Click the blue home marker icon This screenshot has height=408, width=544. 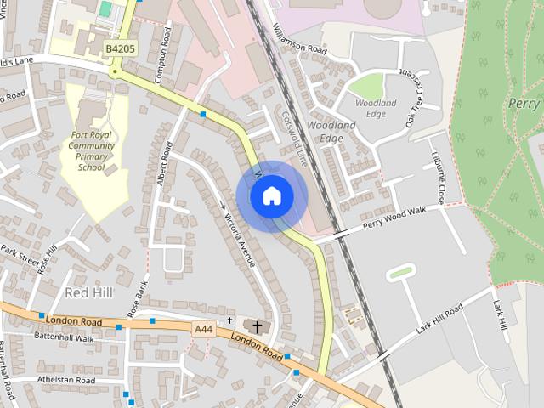271,196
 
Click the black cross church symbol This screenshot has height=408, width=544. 257,326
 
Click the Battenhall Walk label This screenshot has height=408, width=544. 64,337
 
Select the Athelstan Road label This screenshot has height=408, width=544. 65,379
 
